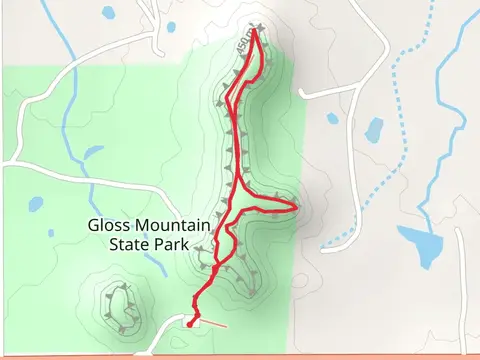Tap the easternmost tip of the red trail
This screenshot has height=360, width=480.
tap(297, 206)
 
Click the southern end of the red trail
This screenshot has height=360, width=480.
tap(189, 324)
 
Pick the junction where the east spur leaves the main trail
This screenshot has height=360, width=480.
tap(239, 190)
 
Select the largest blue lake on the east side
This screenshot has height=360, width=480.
tap(425, 243)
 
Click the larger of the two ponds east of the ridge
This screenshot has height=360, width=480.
tap(374, 129)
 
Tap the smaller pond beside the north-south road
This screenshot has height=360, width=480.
tap(333, 119)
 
